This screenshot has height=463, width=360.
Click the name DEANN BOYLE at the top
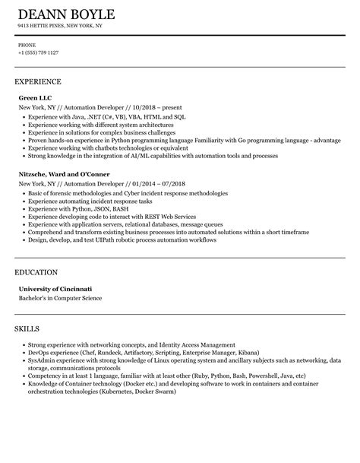(x=66, y=15)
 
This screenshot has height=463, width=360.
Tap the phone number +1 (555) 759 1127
(x=39, y=52)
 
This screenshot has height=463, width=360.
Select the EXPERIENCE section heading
(x=38, y=81)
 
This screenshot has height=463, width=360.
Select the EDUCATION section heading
(x=37, y=272)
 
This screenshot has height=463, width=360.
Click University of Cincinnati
(x=55, y=289)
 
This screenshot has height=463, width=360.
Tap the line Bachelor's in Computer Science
(x=60, y=298)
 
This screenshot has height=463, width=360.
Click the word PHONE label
(x=27, y=45)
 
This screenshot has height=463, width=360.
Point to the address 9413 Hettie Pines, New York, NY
(x=61, y=26)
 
